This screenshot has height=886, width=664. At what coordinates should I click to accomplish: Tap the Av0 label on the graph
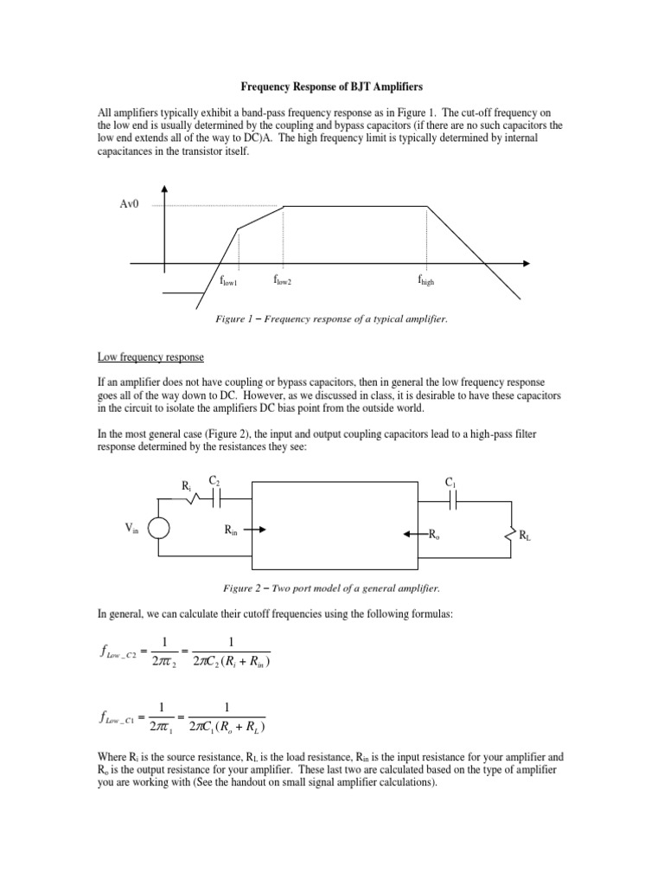[130, 205]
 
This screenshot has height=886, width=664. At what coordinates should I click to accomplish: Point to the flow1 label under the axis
[228, 281]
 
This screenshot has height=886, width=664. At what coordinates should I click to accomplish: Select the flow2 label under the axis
[288, 279]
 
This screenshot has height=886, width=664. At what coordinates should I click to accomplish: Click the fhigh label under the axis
[426, 280]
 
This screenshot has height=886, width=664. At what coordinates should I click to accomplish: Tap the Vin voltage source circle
[158, 529]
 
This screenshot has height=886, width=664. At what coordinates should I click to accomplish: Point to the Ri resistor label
[187, 486]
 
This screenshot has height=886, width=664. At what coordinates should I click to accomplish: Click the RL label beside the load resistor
[525, 536]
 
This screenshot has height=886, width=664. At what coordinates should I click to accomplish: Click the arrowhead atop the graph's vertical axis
[163, 188]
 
